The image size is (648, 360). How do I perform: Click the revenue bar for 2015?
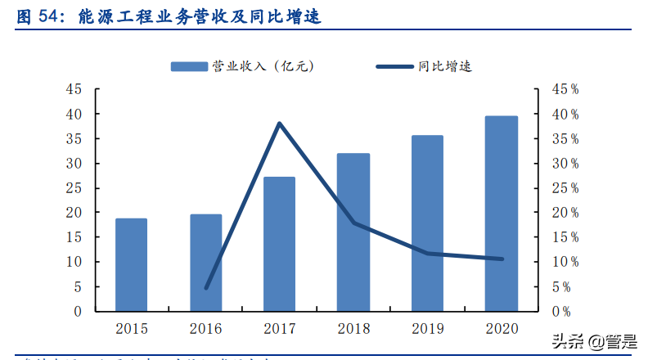131,265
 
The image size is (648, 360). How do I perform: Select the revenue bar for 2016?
206,263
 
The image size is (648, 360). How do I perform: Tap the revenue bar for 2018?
353,232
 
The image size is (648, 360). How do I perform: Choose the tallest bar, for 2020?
501,214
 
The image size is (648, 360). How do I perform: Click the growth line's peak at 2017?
279,124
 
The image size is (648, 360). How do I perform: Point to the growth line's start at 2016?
206,287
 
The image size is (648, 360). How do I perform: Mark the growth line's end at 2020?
501,259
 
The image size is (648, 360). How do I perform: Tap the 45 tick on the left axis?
74,89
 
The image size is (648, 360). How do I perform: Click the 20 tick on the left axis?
74,213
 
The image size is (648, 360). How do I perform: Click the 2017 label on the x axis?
279,329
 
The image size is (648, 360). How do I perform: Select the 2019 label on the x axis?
427,329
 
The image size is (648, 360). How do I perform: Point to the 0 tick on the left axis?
78,312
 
